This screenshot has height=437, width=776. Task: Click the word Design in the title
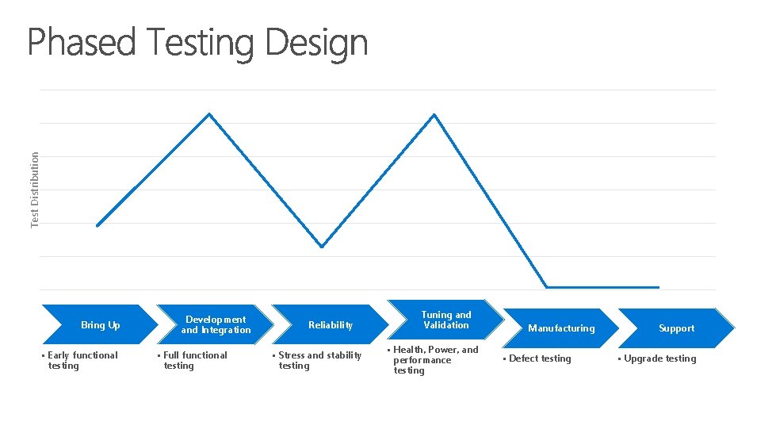316,44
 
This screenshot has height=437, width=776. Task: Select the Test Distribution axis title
35,190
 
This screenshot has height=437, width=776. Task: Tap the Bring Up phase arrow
100,325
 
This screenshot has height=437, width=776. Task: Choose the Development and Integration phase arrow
215,325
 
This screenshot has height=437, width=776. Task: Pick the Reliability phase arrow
330,325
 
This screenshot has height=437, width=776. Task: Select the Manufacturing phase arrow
560,328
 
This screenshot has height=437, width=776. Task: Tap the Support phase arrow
675,328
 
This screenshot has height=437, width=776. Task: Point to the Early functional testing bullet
82,360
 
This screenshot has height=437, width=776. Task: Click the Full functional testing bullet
195,360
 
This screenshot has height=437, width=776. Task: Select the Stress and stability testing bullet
319,360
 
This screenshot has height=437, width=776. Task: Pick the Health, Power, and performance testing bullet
435,360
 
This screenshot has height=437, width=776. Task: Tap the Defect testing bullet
539,358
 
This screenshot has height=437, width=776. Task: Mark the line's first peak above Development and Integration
209,114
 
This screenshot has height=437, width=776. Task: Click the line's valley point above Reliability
322,247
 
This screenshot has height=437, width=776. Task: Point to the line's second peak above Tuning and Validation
434,114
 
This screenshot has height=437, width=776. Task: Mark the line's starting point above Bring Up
97,226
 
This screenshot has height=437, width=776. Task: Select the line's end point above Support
659,287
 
